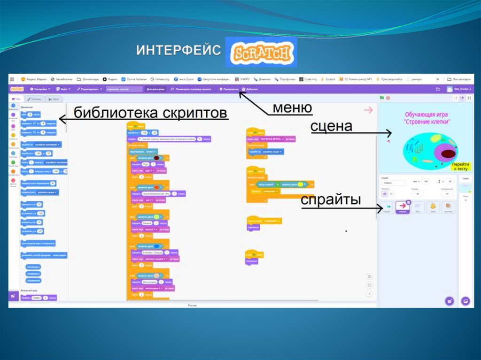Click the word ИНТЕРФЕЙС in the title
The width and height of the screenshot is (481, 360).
[x=178, y=51]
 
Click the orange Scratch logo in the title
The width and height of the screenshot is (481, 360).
[x=261, y=52]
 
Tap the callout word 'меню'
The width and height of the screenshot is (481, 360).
[x=292, y=108]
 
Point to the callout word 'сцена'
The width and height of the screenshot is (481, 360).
[x=331, y=126]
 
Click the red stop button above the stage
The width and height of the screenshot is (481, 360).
[x=388, y=98]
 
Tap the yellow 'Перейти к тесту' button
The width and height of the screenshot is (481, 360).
[x=460, y=166]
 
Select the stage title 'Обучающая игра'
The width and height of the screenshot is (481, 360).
[x=427, y=115]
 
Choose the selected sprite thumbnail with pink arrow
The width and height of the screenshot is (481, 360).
[x=403, y=207]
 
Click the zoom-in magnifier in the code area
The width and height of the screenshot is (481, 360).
[x=370, y=277]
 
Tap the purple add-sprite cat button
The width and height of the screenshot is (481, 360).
[x=450, y=301]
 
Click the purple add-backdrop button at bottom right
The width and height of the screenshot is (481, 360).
[x=465, y=301]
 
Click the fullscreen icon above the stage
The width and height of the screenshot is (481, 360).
[x=468, y=98]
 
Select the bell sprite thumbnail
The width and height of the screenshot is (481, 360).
[x=432, y=207]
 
